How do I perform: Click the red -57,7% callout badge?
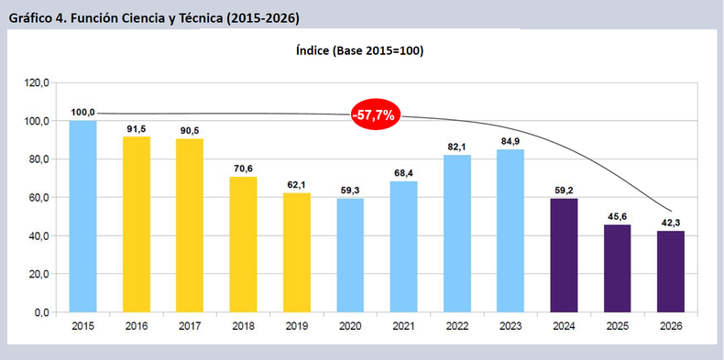(x=374, y=115)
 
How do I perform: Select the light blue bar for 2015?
(x=82, y=216)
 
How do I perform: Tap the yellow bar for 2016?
(x=136, y=224)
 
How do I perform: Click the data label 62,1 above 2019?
(x=297, y=185)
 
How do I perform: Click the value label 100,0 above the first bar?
(x=82, y=113)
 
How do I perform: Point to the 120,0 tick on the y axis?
(x=36, y=82)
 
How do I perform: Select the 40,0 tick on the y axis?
(x=38, y=236)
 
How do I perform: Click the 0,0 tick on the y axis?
(x=41, y=312)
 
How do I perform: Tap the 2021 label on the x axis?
(x=404, y=327)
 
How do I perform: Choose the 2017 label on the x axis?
(x=190, y=327)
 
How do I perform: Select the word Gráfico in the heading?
(x=32, y=17)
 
